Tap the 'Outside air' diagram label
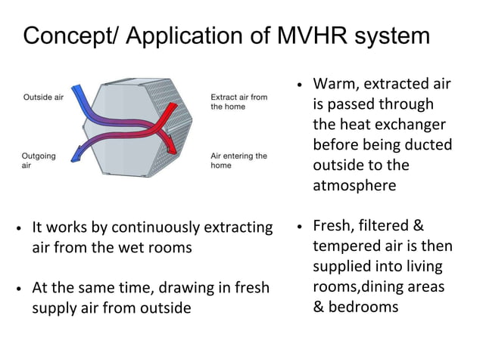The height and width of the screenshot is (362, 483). tap(43, 98)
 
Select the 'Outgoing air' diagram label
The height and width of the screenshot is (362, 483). tap(39, 160)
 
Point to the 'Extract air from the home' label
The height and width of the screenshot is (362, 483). tap(238, 102)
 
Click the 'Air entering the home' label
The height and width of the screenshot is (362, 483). tap(238, 160)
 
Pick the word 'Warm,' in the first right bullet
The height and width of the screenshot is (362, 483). tap(335, 83)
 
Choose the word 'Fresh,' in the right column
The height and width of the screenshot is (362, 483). tap(335, 226)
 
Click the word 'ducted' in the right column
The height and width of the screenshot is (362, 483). tap(428, 144)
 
